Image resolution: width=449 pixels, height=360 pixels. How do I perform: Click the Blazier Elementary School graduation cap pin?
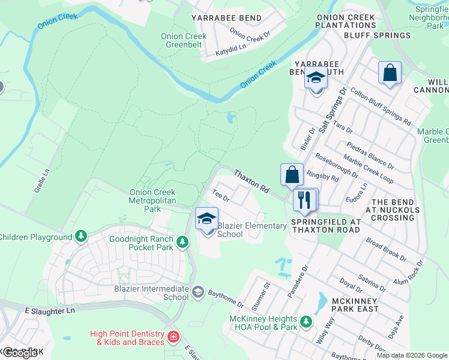pyautogui.click(x=206, y=219)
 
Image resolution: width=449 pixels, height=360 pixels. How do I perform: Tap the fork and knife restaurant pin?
pyautogui.click(x=306, y=199)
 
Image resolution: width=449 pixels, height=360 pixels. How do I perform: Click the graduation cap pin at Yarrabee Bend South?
pyautogui.click(x=316, y=79)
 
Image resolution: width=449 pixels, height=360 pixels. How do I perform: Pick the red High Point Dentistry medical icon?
pyautogui.click(x=173, y=338)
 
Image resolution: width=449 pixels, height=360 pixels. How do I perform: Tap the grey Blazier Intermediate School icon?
pyautogui.click(x=197, y=292)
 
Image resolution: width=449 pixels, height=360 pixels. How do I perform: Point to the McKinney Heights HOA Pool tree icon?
pyautogui.click(x=306, y=323)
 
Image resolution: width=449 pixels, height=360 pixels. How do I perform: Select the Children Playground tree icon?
pyautogui.click(x=80, y=238)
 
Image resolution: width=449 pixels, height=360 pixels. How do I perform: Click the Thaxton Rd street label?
pyautogui.click(x=251, y=180)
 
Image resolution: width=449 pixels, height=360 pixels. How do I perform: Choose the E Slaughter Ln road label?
pyautogui.click(x=50, y=311)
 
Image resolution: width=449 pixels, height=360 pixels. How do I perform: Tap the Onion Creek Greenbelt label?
pyautogui.click(x=184, y=40)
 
